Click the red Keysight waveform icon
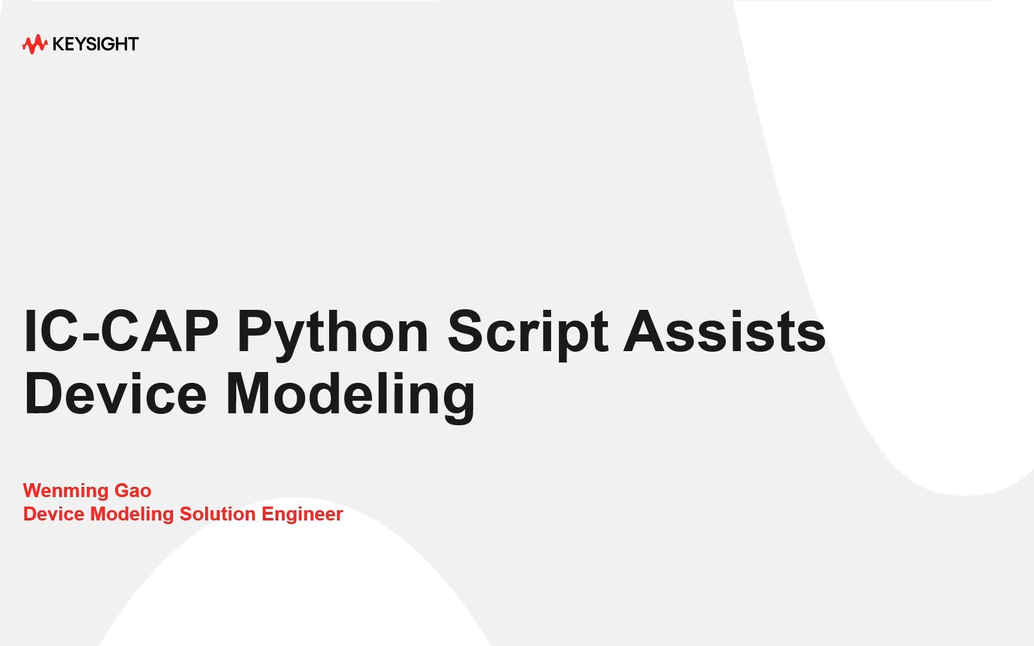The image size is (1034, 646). pos(35,44)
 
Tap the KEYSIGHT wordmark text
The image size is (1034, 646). pos(96,44)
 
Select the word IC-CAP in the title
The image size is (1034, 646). pos(121,331)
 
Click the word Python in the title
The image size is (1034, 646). pos(333,334)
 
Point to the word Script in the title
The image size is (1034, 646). pos(528,334)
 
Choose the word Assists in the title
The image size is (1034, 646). pos(725,331)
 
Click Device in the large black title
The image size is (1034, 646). pos(115,393)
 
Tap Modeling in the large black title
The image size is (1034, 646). pos(350,397)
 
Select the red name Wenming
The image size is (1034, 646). pos(66,491)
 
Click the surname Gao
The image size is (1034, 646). pos(133,490)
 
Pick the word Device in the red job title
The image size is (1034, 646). pos(54,514)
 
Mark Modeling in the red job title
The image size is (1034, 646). pos(132,515)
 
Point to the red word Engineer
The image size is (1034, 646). pos(302,515)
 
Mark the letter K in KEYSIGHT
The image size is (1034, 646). pos(59,44)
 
